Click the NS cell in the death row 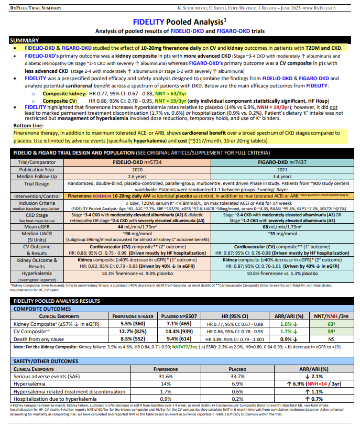[x=331, y=339]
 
